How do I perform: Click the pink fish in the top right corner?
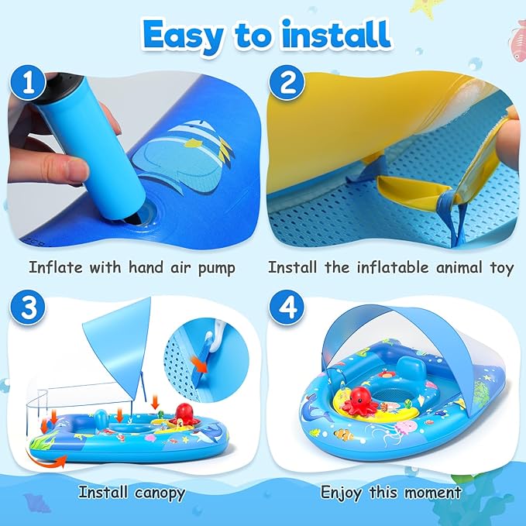coord(517,36)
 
